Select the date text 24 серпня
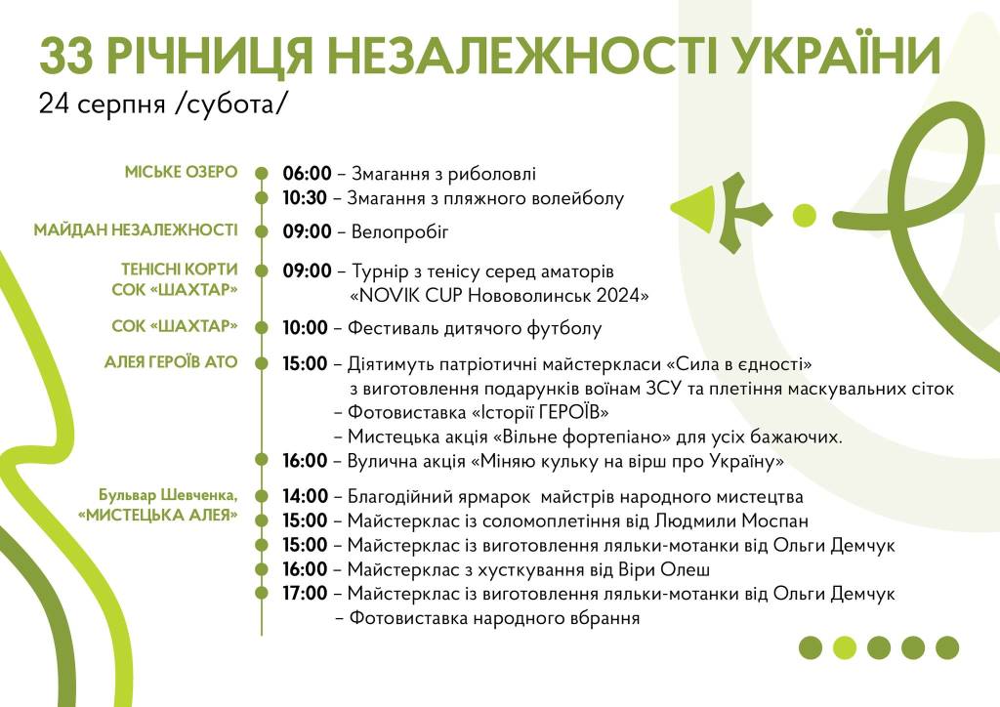point(102,104)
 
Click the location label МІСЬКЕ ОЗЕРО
point(181,172)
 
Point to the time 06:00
point(307,174)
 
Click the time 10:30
point(305,197)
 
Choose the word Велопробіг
point(399,231)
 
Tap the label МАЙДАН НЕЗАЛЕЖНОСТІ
point(135,229)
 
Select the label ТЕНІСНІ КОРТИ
point(180,269)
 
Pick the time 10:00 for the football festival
point(305,328)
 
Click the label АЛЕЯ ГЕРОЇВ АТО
point(171,362)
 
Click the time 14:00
point(305,496)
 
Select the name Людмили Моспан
point(731,520)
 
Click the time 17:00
point(305,593)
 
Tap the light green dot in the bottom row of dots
point(845,647)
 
